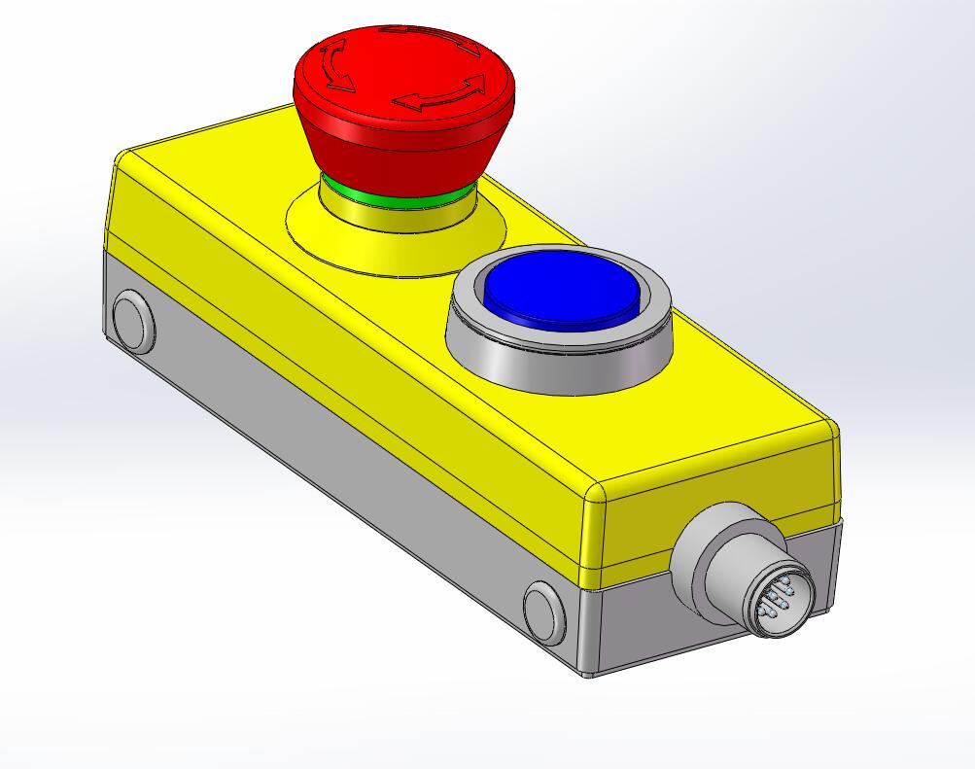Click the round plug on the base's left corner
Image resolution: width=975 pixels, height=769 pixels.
coord(130,321)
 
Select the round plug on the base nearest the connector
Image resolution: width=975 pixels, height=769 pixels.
coord(544,611)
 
